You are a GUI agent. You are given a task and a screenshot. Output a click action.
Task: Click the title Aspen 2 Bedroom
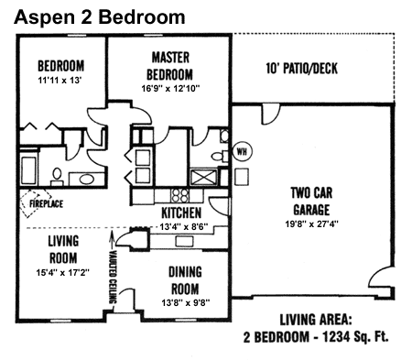(101, 16)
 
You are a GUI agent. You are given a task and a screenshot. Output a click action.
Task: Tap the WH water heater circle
(243, 151)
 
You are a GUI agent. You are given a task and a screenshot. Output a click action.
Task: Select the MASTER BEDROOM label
(170, 65)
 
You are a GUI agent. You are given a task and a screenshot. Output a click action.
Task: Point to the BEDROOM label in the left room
(60, 66)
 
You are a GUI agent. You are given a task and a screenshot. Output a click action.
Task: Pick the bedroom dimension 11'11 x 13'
(60, 81)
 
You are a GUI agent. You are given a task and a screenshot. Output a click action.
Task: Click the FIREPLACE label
(43, 202)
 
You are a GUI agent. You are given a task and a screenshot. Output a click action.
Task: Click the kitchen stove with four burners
(179, 194)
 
